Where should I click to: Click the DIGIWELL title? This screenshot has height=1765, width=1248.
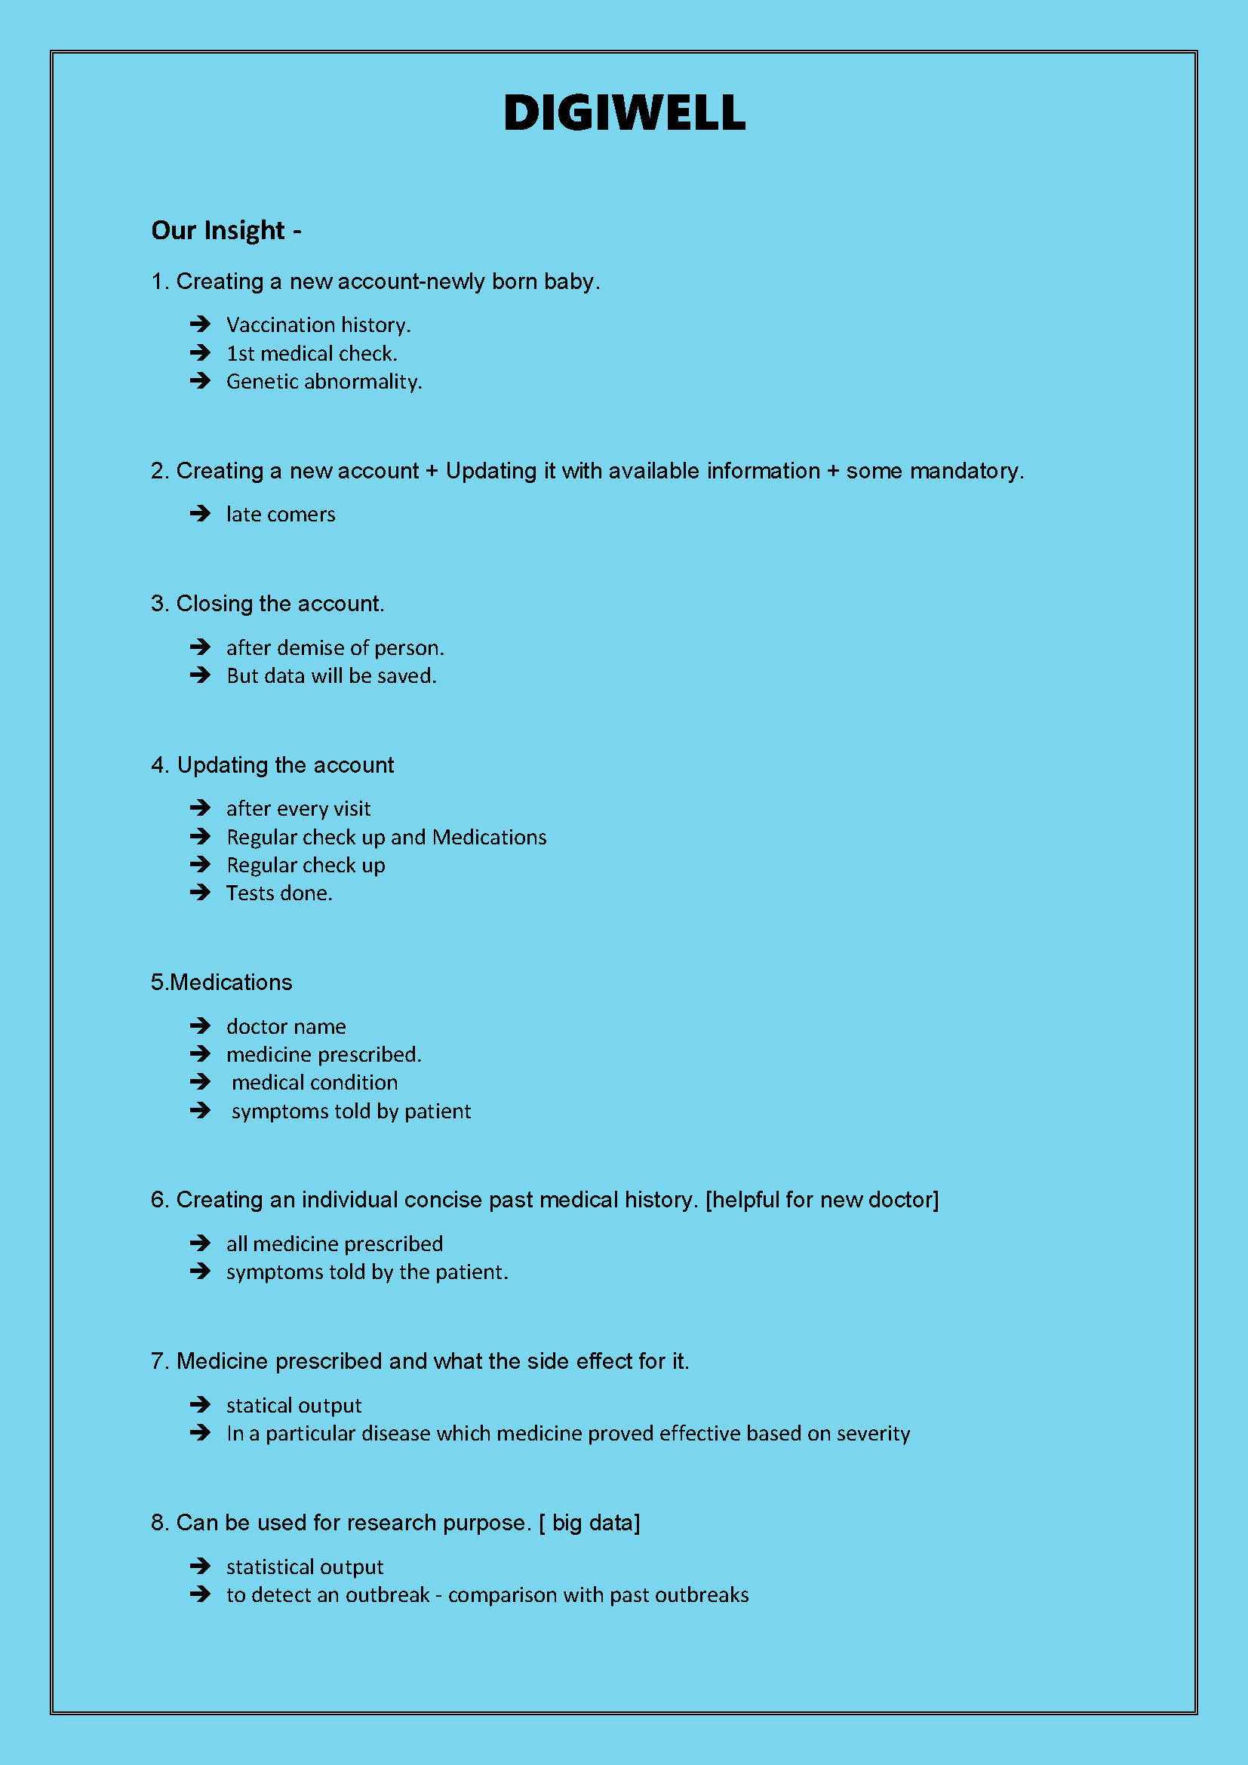coord(624,113)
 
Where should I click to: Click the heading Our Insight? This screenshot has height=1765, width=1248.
coord(225,230)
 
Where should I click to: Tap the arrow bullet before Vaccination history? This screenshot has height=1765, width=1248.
coord(200,324)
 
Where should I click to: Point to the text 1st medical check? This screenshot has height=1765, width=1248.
coord(311,354)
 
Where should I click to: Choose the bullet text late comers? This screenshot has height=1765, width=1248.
coord(281,515)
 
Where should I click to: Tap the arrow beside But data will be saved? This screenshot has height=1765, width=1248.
coord(200,675)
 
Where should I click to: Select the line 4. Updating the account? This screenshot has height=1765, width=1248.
coord(272,765)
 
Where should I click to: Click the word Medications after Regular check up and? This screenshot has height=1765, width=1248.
coord(490,837)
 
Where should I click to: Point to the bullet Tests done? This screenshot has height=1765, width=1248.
coord(279,893)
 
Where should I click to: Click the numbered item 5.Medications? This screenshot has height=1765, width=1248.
coord(221,982)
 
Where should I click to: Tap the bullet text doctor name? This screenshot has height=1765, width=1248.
coord(286,1027)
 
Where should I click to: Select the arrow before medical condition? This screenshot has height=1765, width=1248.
coord(200,1082)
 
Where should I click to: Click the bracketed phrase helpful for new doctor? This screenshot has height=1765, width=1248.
coord(822,1200)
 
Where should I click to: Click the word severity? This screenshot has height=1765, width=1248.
coord(873,1434)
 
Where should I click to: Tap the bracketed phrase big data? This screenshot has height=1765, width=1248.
coord(590,1523)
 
